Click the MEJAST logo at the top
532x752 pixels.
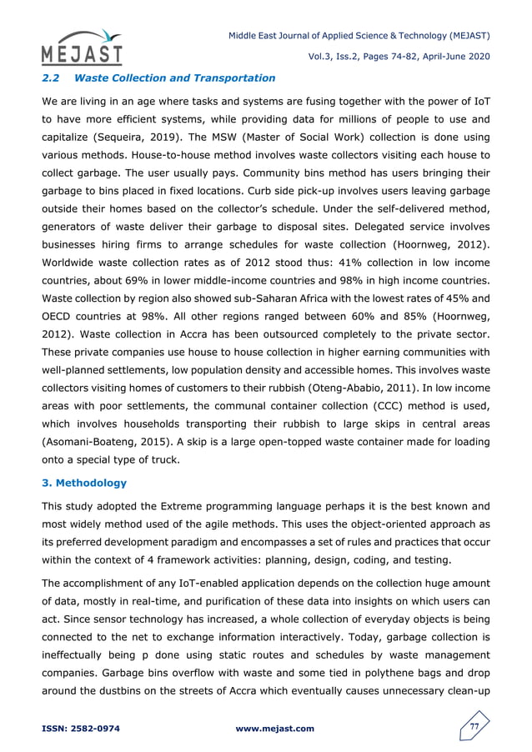pos(82,48)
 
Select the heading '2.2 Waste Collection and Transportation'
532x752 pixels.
pos(158,78)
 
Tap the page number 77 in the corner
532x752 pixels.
pos(474,728)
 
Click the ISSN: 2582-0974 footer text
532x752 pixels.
pos(80,729)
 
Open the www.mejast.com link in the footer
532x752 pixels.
pos(275,729)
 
